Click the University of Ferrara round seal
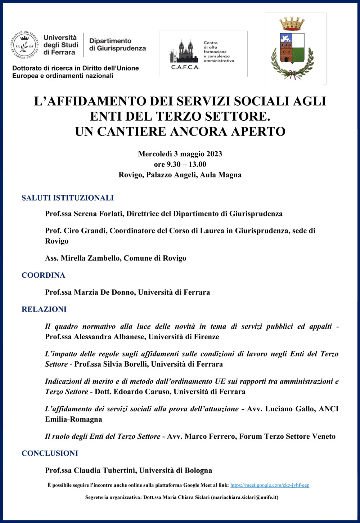click(x=24, y=45)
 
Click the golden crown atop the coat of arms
click(x=292, y=23)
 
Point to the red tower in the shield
click(x=287, y=50)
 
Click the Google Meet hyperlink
click(x=270, y=485)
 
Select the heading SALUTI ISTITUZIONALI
click(x=68, y=198)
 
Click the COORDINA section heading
click(x=44, y=275)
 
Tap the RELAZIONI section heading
click(x=44, y=309)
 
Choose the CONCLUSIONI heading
click(x=50, y=453)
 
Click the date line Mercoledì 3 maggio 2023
click(x=180, y=154)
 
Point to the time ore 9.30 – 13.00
click(x=180, y=164)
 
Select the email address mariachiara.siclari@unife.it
click(x=244, y=497)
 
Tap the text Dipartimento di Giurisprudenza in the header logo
click(x=117, y=45)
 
